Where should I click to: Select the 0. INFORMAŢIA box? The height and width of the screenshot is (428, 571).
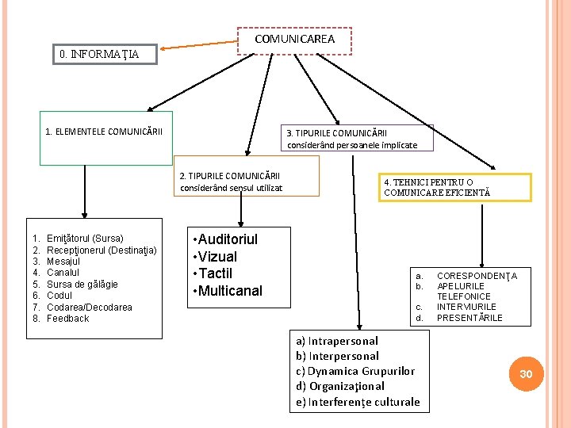pos(100,54)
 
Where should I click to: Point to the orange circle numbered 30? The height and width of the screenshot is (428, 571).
pos(526,373)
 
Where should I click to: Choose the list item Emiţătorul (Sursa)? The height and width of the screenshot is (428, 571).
pos(85,239)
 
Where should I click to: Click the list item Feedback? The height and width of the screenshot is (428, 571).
pos(68,319)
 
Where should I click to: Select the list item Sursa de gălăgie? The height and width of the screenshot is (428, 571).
pos(82,285)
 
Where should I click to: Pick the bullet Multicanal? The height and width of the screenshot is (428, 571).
pos(230,291)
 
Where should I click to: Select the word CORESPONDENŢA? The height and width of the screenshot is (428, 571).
pos(477,276)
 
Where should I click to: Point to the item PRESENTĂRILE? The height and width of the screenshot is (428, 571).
pos(469,318)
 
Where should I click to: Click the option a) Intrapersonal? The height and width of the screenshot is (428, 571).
pos(337,341)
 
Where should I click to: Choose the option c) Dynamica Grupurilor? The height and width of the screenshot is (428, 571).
pos(355,371)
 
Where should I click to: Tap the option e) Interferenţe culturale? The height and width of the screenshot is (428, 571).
pos(358,402)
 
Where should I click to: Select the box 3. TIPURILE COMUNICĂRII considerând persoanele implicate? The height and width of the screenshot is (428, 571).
pos(350,139)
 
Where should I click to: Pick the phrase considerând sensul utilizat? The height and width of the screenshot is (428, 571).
pos(231,188)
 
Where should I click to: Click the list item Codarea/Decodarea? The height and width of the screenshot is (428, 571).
pos(90,308)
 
